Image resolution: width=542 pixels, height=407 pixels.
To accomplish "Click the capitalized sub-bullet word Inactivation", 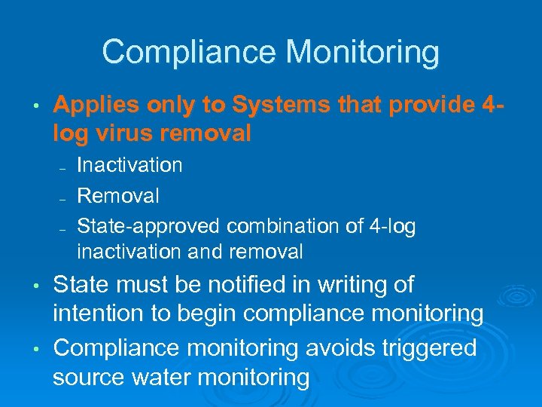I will pyautogui.click(x=129, y=165).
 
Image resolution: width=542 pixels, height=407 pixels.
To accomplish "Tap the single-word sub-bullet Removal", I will pyautogui.click(x=118, y=197).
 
